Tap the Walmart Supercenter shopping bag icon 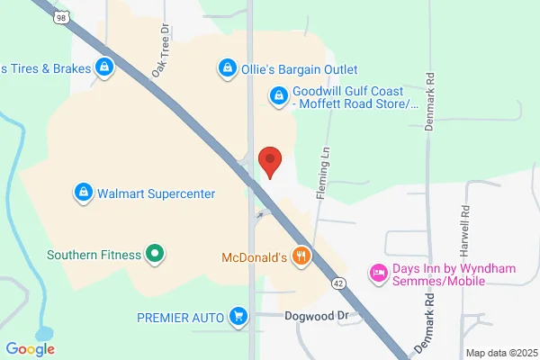point(83,192)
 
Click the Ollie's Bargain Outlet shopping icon point(226,67)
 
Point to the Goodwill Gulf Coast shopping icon point(279,94)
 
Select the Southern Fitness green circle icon point(155,255)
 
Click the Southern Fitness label point(94,255)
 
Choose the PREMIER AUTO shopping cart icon point(238,315)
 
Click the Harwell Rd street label point(465,221)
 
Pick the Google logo point(30,348)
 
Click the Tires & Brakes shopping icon point(105,67)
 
